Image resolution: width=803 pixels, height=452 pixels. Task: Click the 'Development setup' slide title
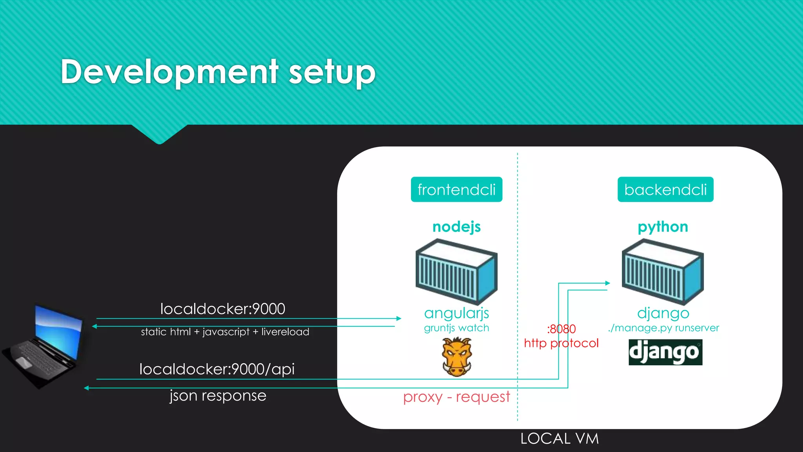[x=218, y=72]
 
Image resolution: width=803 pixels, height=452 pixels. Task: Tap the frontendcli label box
[x=456, y=190]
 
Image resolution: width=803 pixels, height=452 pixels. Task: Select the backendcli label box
[x=665, y=190]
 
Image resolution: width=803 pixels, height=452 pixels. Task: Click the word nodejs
[x=456, y=227]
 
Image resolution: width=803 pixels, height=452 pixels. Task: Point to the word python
[x=663, y=227]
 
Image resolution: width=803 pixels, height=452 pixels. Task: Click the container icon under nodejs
[x=456, y=272]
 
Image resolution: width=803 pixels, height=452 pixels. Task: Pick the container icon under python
[x=663, y=272]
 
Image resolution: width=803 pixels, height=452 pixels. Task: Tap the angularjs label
[x=456, y=313]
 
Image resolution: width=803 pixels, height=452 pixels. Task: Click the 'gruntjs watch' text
[x=456, y=328]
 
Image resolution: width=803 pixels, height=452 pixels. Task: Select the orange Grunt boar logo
[x=456, y=357]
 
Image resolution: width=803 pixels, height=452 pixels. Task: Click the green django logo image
[x=665, y=352]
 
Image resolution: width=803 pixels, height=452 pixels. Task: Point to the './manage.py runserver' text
[x=663, y=328]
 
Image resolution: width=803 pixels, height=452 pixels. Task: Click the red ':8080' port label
[x=561, y=329]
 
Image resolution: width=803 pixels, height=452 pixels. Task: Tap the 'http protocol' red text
[x=561, y=343]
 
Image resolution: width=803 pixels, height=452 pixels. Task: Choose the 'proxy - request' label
[x=456, y=397]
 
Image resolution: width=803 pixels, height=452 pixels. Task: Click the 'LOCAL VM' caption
[x=560, y=439]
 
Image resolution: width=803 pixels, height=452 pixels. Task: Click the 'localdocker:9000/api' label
[x=217, y=369]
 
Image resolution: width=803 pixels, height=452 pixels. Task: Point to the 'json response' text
[x=218, y=395]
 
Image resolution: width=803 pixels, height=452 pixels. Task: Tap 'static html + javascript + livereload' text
[x=225, y=332]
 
